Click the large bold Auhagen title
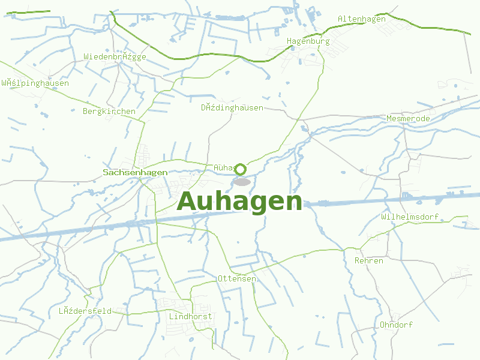tap(239, 202)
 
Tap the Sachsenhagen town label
tap(135, 172)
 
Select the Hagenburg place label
tap(308, 41)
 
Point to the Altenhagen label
tap(361, 19)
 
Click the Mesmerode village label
tap(408, 119)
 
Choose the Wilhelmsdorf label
tap(410, 217)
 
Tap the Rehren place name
tap(368, 261)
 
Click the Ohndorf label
tap(396, 325)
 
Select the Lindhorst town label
tap(191, 316)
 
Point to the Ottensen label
tap(236, 279)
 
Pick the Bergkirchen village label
tap(109, 112)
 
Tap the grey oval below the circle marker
tap(242, 182)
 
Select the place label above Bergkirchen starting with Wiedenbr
tap(115, 57)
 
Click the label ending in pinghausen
tap(35, 83)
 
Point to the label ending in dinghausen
tap(232, 108)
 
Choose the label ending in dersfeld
tap(85, 311)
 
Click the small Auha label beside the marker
tap(223, 168)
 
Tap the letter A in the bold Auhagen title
tap(188, 201)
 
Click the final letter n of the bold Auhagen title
tap(293, 202)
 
